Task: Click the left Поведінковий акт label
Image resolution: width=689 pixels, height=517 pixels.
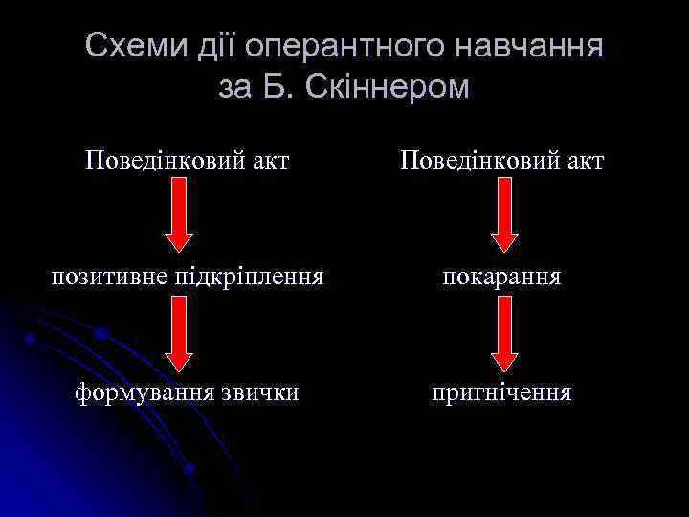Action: tap(187, 159)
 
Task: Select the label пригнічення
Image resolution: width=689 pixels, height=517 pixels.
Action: tap(501, 393)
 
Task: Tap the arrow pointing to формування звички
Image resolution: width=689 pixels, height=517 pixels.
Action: tap(179, 334)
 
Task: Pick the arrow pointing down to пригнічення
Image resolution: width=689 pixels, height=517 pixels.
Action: tap(504, 334)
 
